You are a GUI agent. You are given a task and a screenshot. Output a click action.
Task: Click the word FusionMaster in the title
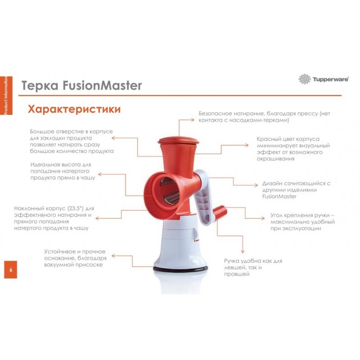(102, 85)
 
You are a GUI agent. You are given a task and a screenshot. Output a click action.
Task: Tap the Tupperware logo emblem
(305, 79)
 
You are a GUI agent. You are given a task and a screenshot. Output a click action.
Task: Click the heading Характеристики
(74, 109)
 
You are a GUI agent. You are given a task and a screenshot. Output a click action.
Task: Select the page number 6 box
(10, 270)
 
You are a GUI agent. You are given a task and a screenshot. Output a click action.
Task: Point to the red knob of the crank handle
(220, 211)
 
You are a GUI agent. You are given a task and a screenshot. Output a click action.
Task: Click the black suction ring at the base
(181, 268)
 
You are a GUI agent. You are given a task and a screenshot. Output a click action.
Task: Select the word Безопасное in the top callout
(216, 113)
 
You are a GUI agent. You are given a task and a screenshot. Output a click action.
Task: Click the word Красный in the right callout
(267, 139)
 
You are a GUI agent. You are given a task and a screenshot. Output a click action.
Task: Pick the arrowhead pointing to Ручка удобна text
(243, 252)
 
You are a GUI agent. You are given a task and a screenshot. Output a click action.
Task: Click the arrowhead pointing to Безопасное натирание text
(193, 120)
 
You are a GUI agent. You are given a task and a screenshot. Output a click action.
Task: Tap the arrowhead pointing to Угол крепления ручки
(263, 218)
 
